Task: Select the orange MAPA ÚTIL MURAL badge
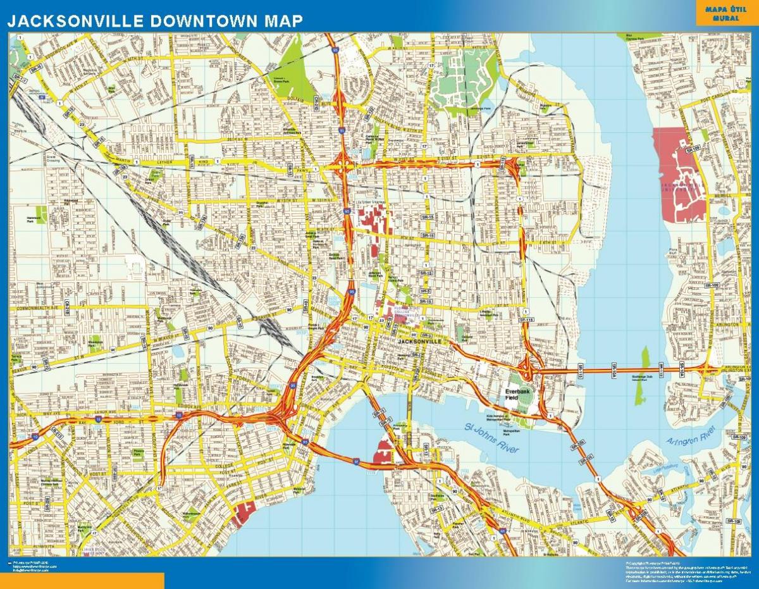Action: pyautogui.click(x=725, y=13)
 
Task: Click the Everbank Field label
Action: pyautogui.click(x=516, y=394)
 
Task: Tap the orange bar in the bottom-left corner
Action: pyautogui.click(x=82, y=581)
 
